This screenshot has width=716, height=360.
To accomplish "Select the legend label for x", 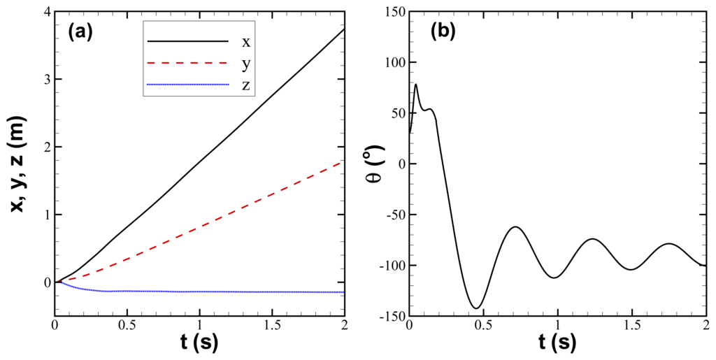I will (x=245, y=42).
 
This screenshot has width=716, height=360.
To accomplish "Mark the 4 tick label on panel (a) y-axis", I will (x=47, y=12).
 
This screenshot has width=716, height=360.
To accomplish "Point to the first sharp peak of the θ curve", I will (x=416, y=85).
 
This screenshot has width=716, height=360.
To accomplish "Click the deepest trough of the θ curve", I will (x=477, y=308).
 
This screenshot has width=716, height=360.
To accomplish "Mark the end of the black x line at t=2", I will (x=343, y=29).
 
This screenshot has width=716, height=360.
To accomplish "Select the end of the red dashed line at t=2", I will (x=343, y=161).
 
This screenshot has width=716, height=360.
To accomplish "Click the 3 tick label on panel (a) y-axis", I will (x=47, y=80).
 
